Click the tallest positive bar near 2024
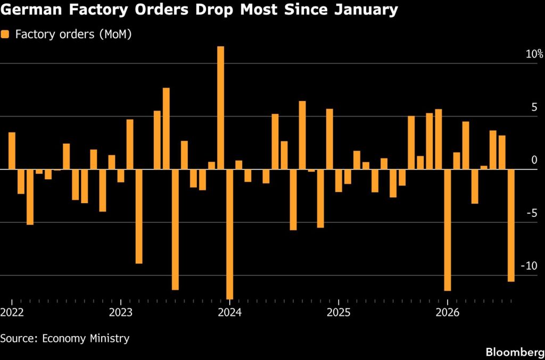[221, 107]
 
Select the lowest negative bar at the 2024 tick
[230, 235]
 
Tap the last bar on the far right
[511, 225]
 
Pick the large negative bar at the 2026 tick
[448, 230]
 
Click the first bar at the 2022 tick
[12, 150]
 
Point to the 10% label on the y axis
[534, 54]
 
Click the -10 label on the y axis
[529, 266]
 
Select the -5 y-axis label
[532, 213]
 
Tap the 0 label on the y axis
[534, 160]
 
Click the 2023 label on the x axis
[121, 313]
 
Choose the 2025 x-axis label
[338, 313]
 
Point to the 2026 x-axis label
[448, 313]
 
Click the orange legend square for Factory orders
[5, 34]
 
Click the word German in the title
[31, 10]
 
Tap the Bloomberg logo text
[515, 352]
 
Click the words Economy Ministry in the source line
[86, 338]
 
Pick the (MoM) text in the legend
[115, 35]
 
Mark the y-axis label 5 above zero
[534, 107]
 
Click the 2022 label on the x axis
[12, 313]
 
